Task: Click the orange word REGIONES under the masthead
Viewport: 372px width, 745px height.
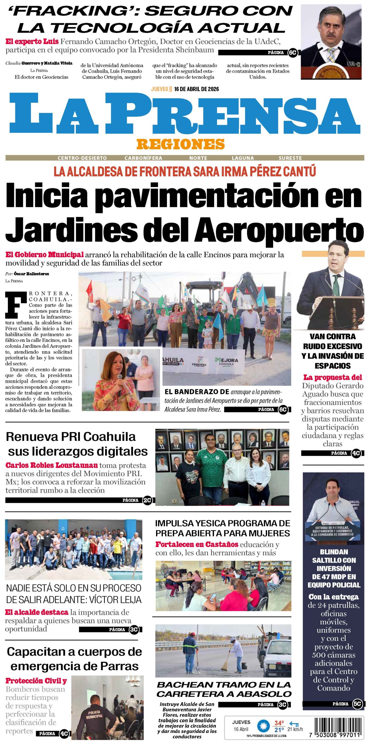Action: [x=180, y=144]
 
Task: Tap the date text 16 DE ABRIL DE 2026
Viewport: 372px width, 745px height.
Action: [x=196, y=89]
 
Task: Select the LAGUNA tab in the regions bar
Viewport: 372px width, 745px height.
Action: [x=243, y=158]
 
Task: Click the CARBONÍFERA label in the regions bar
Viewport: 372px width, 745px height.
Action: [x=143, y=158]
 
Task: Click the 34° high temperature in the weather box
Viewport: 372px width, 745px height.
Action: [x=279, y=723]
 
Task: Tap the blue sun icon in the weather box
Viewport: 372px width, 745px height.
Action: [x=264, y=727]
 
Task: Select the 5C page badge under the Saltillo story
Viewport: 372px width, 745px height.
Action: [x=357, y=704]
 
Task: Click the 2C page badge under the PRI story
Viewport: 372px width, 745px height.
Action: [x=147, y=500]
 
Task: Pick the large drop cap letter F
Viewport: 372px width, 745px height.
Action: [x=16, y=304]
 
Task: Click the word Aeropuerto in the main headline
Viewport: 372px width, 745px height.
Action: [x=279, y=230]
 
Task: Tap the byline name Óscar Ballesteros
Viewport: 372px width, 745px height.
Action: [x=31, y=274]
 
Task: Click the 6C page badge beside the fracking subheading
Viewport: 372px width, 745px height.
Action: [x=292, y=53]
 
